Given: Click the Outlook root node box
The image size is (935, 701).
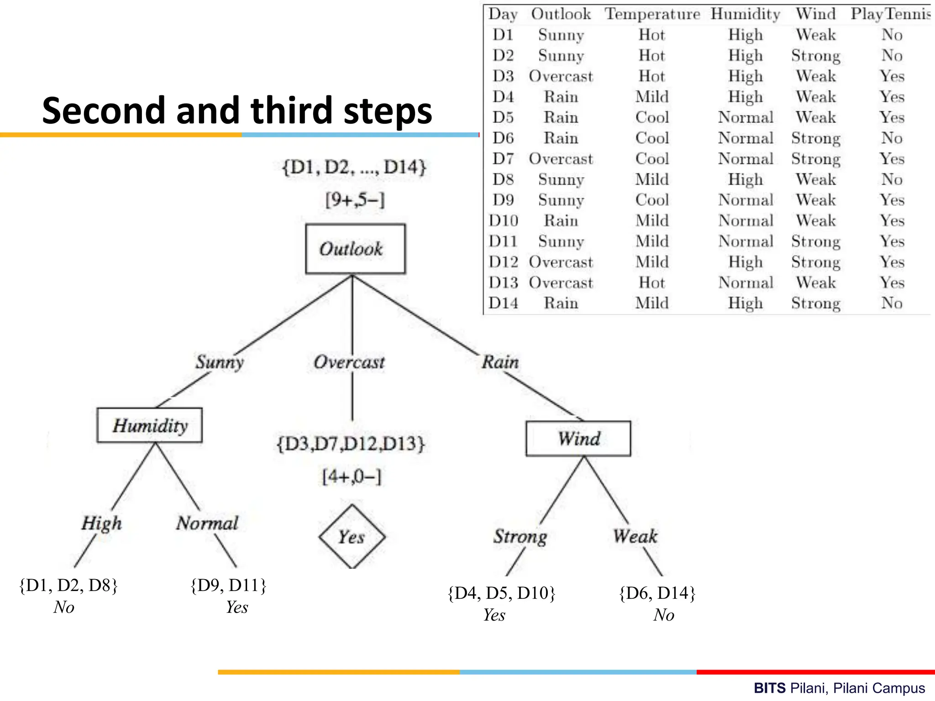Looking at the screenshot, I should pos(355,249).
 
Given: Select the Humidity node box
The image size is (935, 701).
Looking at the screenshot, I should pos(149,425).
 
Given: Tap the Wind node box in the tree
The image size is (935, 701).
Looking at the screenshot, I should pos(578,439).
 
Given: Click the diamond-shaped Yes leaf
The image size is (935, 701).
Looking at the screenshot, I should pos(352,537).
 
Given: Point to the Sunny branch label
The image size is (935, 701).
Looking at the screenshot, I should pos(220,362).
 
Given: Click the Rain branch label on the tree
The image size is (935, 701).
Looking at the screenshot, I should pos(500,362).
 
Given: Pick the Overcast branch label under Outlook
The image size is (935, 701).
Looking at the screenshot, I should pos(349,362).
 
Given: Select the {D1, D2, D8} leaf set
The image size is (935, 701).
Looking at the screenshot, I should pos(68,585).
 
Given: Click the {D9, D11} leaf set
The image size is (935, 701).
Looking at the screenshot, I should pos(228,585).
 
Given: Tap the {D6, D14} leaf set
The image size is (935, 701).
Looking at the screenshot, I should pos(657,593).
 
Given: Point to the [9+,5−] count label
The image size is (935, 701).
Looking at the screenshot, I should pos(355,200).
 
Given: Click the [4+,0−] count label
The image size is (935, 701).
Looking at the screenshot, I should pos(352,477).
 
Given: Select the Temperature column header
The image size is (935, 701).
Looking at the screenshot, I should pos(652,14).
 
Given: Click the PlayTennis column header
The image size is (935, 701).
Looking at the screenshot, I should pos(890,14).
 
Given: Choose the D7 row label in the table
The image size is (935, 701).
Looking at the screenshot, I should pos(503,159).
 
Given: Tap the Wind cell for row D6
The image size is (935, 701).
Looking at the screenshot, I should pos(816,138).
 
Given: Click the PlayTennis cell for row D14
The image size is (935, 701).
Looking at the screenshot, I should pos(892,303).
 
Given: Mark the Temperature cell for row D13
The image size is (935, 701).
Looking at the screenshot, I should pos(652,282).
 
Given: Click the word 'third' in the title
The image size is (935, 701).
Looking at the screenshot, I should pos(291,111).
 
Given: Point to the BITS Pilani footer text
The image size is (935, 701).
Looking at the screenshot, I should pos(839,688).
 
